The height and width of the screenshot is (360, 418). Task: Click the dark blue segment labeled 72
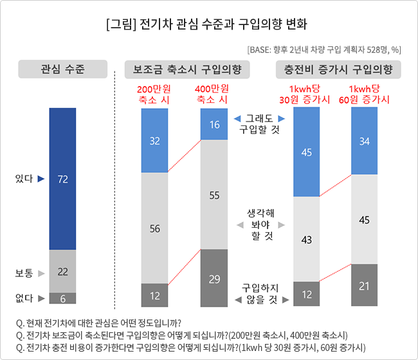pyautogui.click(x=62, y=179)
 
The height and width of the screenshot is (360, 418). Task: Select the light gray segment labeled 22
pyautogui.click(x=62, y=271)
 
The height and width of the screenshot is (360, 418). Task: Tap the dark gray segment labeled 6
pyautogui.click(x=62, y=298)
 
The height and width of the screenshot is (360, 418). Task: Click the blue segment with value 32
pyautogui.click(x=154, y=140)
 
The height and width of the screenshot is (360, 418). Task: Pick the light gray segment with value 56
pyautogui.click(x=154, y=228)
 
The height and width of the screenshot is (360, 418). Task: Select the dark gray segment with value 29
pyautogui.click(x=214, y=278)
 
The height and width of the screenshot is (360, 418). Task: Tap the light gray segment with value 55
pyautogui.click(x=214, y=194)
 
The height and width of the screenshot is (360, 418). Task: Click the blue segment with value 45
pyautogui.click(x=306, y=152)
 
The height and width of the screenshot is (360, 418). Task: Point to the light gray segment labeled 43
pyautogui.click(x=306, y=239)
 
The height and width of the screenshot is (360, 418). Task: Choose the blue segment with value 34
pyautogui.click(x=364, y=141)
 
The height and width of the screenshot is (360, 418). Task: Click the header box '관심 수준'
pyautogui.click(x=62, y=68)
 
